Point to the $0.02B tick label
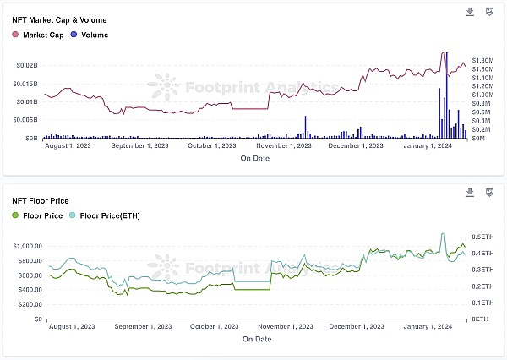28,65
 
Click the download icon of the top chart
471,12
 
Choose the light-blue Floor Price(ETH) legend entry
106,216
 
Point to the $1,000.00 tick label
28,246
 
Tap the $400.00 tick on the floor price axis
30,290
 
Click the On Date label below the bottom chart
256,339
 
